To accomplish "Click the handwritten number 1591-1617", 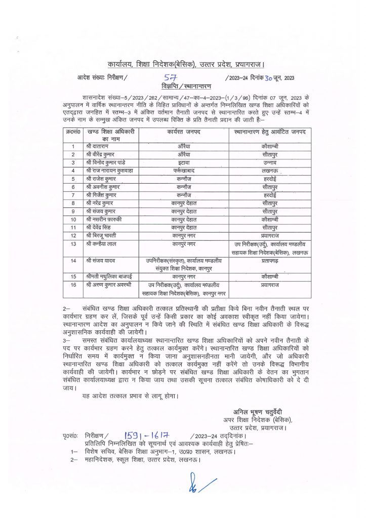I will [x=146, y=435].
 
